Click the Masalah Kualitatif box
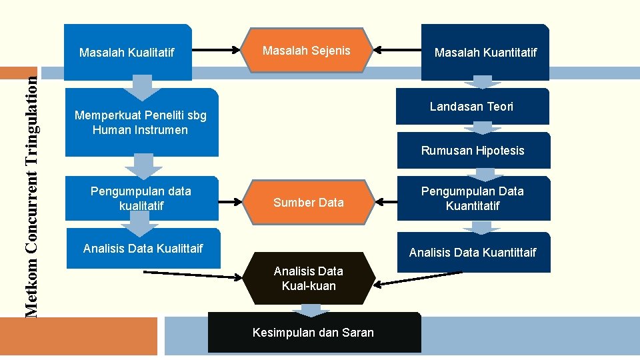click(127, 51)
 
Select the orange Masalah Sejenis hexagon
click(307, 50)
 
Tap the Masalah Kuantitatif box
click(485, 52)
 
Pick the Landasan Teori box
click(472, 107)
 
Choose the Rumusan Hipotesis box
click(473, 151)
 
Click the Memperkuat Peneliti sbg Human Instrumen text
click(141, 123)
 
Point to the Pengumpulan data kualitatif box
click(141, 198)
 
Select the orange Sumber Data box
click(309, 202)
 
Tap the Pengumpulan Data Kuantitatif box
click(473, 198)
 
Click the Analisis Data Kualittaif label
click(143, 249)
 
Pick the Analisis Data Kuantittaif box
click(473, 252)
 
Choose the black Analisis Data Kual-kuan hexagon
click(309, 279)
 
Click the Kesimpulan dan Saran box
click(313, 332)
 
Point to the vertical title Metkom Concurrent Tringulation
click(31, 193)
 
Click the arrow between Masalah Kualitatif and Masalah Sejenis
click(217, 49)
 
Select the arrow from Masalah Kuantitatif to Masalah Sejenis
click(396, 49)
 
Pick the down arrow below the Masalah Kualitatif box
click(142, 86)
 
